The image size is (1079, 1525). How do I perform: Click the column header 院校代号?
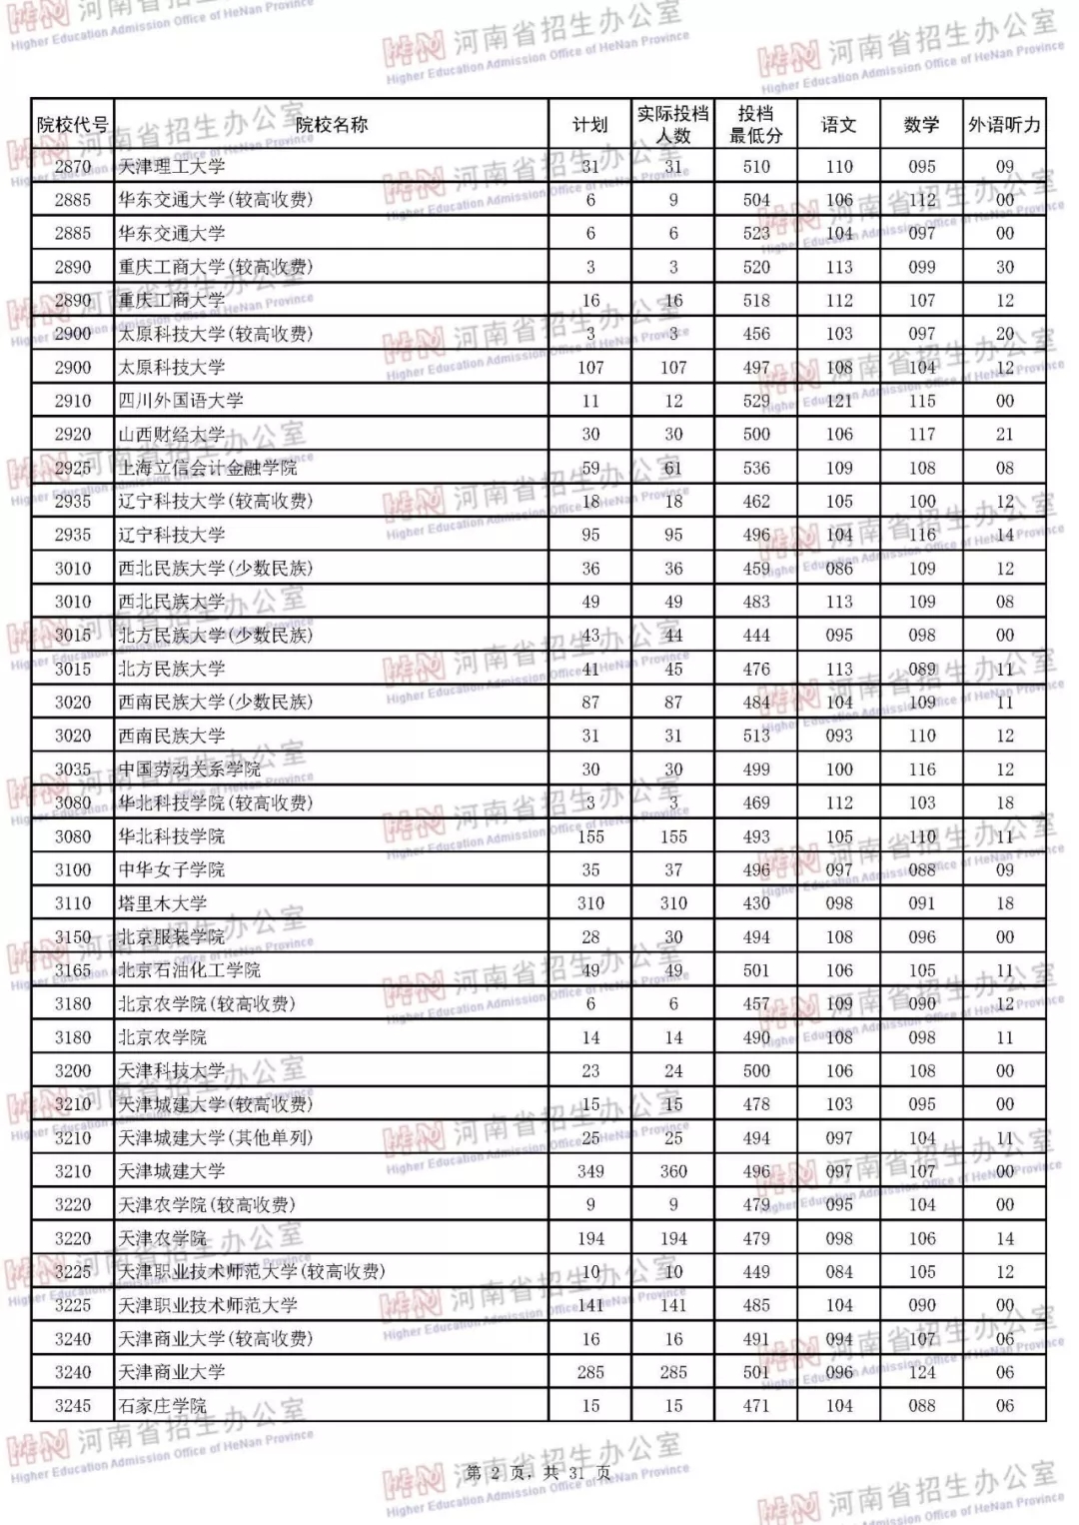[72, 125]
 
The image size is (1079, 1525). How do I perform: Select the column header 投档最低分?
[755, 125]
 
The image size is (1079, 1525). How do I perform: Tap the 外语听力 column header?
[1004, 125]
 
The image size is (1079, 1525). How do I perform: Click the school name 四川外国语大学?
[181, 401]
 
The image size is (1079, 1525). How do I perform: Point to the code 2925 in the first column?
[73, 468]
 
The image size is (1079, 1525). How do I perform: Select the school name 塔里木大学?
[163, 903]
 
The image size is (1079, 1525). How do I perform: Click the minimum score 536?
[756, 468]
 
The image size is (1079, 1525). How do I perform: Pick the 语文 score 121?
[839, 401]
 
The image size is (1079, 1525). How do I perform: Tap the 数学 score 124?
[922, 1372]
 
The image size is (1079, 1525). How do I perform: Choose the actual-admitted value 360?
[673, 1171]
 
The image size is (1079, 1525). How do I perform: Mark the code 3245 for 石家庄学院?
[73, 1406]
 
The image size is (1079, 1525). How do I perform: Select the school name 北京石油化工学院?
[190, 970]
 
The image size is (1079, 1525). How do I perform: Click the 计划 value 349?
[590, 1171]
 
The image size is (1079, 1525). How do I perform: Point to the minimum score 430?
[756, 903]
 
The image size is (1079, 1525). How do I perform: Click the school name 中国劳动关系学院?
[190, 769]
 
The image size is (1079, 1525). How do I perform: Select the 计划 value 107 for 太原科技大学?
[590, 368]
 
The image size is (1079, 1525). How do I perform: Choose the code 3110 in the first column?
[73, 903]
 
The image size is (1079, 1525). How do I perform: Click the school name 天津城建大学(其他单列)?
[216, 1138]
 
